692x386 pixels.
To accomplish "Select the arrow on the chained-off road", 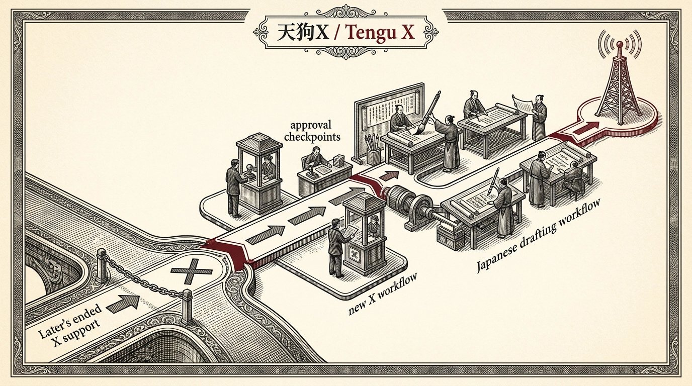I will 122,303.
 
